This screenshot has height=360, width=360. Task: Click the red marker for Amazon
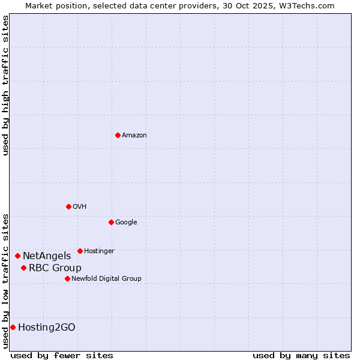coord(118,135)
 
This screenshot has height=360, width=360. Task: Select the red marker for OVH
coord(68,206)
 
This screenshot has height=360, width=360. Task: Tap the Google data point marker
coord(111,222)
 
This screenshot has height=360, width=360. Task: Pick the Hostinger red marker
coord(80,251)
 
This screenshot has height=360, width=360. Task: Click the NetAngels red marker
coord(17,256)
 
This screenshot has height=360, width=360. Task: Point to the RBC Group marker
coord(23,268)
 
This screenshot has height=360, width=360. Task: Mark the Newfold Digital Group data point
coord(67,278)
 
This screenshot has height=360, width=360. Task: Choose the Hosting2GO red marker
coord(13,327)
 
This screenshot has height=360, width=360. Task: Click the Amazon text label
coord(134,136)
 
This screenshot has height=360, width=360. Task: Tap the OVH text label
coord(80,207)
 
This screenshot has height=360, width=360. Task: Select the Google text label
coord(126,223)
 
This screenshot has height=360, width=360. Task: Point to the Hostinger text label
coord(99,251)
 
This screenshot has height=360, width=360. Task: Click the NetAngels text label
coord(47,256)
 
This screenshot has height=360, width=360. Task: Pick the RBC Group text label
coord(55,268)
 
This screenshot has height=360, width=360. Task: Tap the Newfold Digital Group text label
coord(106,279)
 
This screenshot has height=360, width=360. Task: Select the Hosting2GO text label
coord(47,328)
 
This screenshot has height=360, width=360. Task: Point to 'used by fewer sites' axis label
coord(62,355)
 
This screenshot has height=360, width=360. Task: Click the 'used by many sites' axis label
coord(301,355)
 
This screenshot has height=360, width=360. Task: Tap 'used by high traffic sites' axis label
coord(5,85)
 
